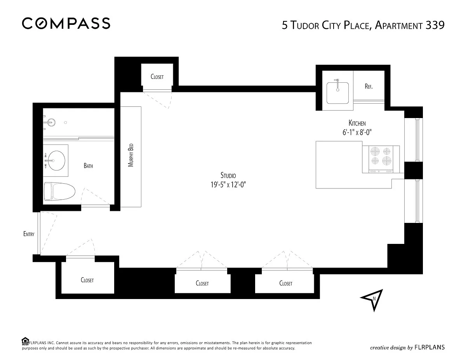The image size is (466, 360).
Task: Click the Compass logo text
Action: [x=66, y=23]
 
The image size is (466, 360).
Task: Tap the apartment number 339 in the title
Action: [x=435, y=25]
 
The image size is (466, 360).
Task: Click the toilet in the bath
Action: [x=59, y=191]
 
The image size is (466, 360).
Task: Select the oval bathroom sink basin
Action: [x=56, y=160]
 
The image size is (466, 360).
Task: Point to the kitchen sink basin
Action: [x=337, y=93]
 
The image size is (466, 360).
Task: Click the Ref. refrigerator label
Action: [x=369, y=86]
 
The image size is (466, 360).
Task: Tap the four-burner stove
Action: [x=381, y=159]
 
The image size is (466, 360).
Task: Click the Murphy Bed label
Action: [x=130, y=155]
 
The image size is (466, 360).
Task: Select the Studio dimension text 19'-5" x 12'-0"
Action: [x=228, y=184]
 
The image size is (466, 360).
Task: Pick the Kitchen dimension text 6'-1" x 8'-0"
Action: [x=357, y=132]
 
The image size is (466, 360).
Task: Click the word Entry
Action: [x=29, y=234]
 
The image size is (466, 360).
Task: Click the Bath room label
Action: [x=89, y=165]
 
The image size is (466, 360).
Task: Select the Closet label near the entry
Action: [x=87, y=280]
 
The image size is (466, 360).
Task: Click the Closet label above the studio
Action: [x=157, y=77]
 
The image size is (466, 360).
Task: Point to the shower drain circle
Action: [x=65, y=122]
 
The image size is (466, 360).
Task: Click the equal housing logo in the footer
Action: [x=25, y=341]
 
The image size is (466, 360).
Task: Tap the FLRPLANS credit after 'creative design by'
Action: [x=429, y=347]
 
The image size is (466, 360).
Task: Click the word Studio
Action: [x=228, y=175]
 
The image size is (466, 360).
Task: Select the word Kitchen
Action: [x=357, y=123]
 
